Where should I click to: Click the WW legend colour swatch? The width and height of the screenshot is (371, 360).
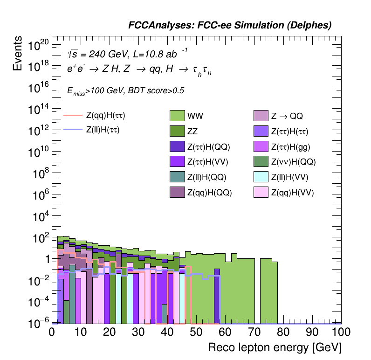click(x=177, y=115)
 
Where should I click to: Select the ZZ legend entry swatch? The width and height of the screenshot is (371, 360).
click(x=177, y=131)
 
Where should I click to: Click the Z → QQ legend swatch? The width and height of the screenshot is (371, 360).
click(x=261, y=115)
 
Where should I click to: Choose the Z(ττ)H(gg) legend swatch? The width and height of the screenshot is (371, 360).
click(x=261, y=147)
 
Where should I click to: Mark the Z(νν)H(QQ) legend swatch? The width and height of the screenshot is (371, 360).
click(x=261, y=162)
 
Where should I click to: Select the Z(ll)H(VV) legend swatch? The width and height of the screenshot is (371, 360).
click(x=261, y=177)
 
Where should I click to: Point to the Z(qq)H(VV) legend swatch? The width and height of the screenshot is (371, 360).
click(x=261, y=192)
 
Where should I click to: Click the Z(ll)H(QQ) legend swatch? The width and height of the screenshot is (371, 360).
click(x=177, y=177)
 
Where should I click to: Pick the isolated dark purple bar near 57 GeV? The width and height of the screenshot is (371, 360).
click(x=217, y=298)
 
